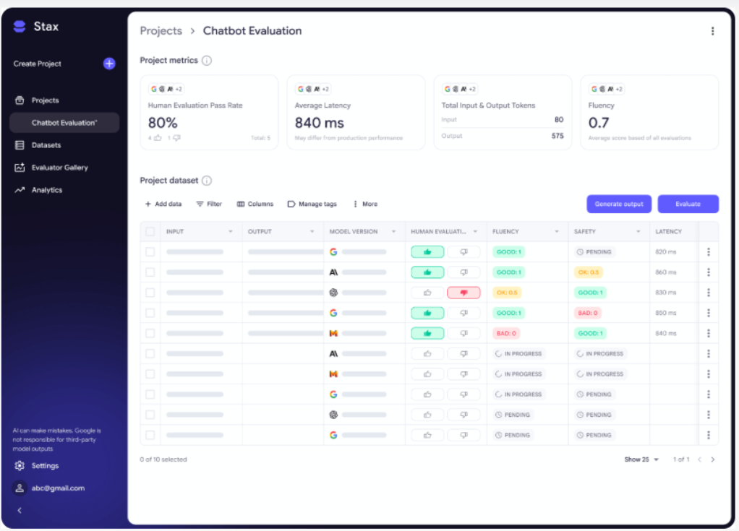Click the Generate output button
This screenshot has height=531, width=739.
click(619, 204)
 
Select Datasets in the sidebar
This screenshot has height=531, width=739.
click(46, 145)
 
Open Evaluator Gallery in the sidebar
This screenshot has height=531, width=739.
click(59, 168)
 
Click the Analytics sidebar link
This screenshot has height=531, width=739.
click(46, 190)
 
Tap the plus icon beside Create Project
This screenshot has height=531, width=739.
click(109, 64)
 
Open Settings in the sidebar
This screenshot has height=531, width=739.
click(45, 466)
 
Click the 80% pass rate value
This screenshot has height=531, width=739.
click(163, 123)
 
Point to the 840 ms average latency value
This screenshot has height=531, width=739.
click(320, 123)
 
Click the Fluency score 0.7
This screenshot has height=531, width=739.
click(599, 123)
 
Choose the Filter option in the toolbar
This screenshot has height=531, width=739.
click(209, 204)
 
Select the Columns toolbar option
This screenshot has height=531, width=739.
click(255, 204)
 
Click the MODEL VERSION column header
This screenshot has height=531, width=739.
click(354, 232)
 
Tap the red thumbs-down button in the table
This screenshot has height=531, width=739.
click(464, 293)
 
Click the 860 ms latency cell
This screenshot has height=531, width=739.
click(665, 272)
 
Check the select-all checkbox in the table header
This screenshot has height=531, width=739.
click(150, 232)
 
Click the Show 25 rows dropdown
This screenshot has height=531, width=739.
click(641, 459)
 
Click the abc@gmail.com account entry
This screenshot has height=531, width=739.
click(58, 488)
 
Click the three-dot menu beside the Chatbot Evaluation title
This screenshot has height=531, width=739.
click(712, 31)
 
